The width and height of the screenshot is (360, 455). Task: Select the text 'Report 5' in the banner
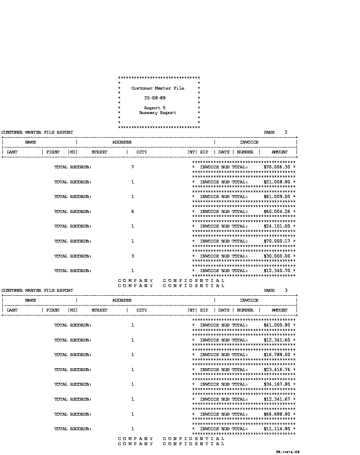point(155,108)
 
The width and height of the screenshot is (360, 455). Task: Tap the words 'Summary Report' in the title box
point(157,113)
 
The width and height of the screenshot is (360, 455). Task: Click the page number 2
point(286,132)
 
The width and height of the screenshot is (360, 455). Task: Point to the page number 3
point(286,291)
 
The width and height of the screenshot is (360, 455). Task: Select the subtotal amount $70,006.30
point(277,167)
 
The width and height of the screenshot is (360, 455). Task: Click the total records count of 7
point(132,167)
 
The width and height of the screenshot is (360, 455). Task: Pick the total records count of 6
point(132,212)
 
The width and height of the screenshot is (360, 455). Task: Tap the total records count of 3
point(132,256)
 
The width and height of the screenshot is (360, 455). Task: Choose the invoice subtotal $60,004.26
point(277,212)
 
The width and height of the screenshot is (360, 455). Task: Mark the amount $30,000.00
point(277,256)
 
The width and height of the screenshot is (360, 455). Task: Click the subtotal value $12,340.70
point(277,271)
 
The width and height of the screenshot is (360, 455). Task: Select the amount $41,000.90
point(277,325)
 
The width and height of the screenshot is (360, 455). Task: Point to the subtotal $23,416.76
point(277,370)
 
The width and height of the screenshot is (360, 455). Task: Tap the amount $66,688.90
point(277,414)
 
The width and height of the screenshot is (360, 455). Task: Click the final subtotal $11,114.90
point(277,429)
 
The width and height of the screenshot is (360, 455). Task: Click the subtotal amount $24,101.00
point(277,226)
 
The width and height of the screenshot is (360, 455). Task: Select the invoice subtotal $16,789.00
point(277,355)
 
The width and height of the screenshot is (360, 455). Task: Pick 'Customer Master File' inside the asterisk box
point(157,88)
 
